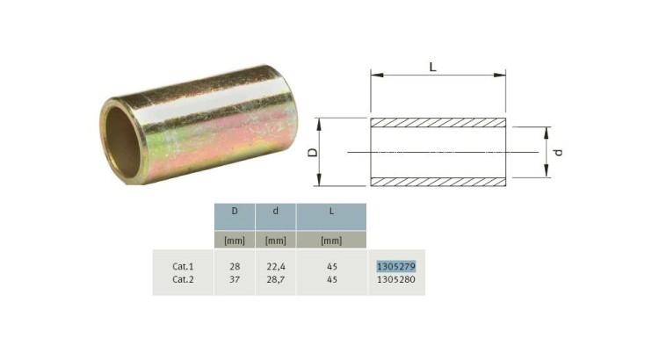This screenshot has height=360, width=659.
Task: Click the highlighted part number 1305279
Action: click(396, 266)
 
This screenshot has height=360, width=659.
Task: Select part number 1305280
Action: click(396, 279)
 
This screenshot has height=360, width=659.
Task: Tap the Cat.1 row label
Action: click(183, 266)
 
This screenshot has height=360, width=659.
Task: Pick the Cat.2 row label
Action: click(183, 279)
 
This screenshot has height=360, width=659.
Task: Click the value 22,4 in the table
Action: click(276, 267)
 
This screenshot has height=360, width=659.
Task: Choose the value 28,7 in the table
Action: click(276, 280)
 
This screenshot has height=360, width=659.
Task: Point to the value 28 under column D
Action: click(235, 266)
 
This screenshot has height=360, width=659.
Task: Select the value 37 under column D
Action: click(235, 279)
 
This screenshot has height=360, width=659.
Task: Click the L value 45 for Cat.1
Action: click(331, 266)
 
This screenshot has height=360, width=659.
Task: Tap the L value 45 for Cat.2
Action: click(331, 279)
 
